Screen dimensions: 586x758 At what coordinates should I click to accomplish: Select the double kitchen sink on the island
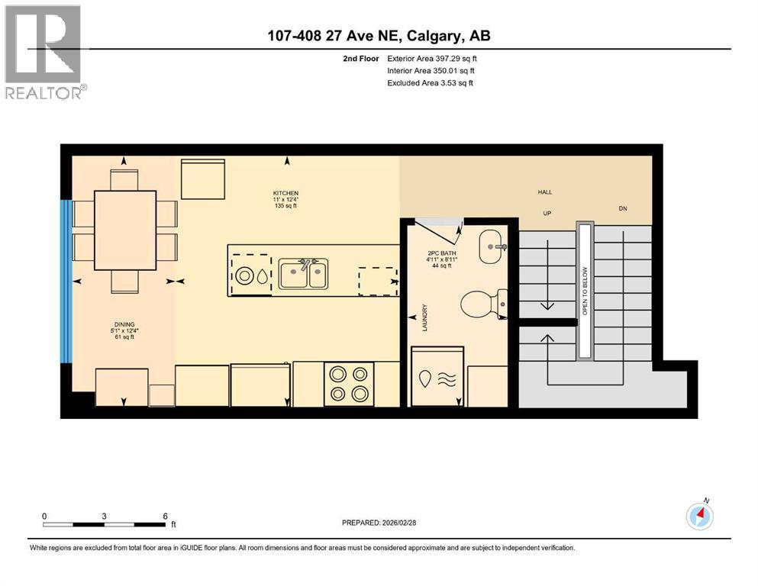(303, 273)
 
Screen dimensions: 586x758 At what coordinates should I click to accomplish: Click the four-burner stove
(347, 384)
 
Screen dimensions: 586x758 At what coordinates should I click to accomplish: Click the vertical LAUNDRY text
(424, 317)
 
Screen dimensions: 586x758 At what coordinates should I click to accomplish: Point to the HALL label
(545, 192)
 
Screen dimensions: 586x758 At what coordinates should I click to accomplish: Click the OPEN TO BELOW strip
(585, 290)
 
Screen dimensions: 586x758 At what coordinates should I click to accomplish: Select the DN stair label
(623, 208)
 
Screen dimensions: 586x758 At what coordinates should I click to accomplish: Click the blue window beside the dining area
(66, 282)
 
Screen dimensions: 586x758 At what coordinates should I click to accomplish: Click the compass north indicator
(699, 516)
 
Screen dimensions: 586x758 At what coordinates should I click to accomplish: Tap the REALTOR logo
(44, 52)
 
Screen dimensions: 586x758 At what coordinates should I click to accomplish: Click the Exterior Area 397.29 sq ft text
(432, 59)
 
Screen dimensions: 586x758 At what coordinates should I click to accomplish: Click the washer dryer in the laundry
(437, 377)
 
